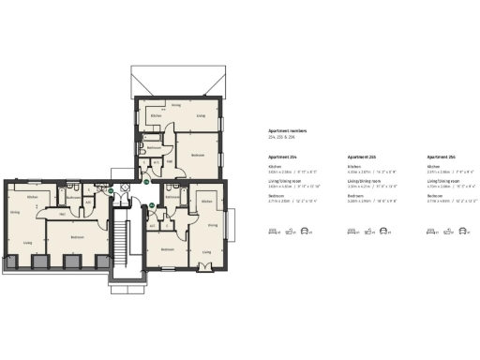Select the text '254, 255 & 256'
tap(281, 137)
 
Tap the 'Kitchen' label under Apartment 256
tap(432, 168)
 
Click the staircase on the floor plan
tap(121, 244)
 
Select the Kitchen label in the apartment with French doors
tap(207, 202)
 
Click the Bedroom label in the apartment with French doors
tap(166, 249)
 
